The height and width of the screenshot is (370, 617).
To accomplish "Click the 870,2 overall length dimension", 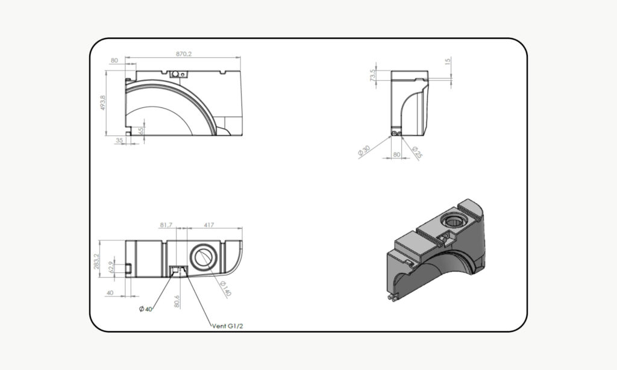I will click(184, 54).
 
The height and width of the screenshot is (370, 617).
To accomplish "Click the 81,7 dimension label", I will click(166, 225).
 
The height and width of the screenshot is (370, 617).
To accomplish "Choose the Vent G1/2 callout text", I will click(230, 325).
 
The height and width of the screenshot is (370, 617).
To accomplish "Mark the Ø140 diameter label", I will click(225, 289).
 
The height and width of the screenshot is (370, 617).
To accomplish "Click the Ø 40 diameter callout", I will click(145, 309).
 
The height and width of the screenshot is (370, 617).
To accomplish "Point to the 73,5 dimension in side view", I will click(372, 75).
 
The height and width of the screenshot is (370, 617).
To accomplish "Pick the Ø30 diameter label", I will click(364, 151).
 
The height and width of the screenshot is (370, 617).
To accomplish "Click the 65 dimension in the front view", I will click(140, 131).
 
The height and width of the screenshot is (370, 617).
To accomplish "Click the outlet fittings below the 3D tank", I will click(392, 297).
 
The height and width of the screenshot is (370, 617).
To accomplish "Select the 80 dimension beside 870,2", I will click(114, 61).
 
